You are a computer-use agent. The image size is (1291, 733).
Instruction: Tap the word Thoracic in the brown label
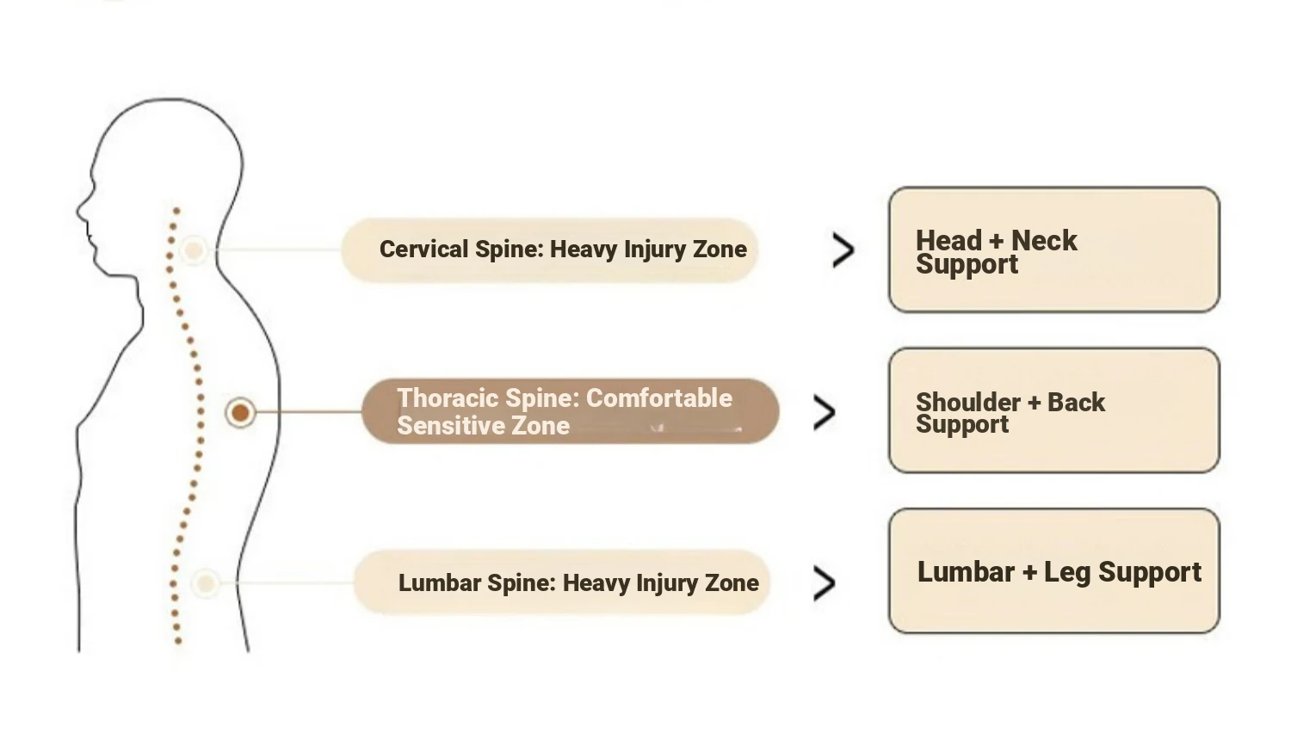(448, 398)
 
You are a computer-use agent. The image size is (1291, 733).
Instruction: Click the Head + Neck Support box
(1053, 249)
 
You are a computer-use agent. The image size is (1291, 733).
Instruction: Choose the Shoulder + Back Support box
(1053, 410)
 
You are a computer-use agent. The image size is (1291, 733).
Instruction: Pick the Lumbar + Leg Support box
(1053, 571)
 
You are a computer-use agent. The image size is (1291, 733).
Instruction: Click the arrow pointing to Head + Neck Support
(843, 250)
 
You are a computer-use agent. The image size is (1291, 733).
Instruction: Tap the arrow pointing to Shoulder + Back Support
(824, 413)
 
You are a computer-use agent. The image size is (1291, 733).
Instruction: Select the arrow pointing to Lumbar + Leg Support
(824, 583)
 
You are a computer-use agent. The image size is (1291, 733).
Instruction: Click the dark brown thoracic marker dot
(241, 413)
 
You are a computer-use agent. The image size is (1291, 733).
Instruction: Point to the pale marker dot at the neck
(195, 250)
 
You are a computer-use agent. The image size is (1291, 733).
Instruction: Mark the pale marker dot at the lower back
(206, 583)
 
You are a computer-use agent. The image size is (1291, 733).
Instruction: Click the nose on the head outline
(80, 207)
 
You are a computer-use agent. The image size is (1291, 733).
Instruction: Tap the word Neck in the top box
(1043, 241)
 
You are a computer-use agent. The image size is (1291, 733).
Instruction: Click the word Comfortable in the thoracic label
(658, 398)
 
